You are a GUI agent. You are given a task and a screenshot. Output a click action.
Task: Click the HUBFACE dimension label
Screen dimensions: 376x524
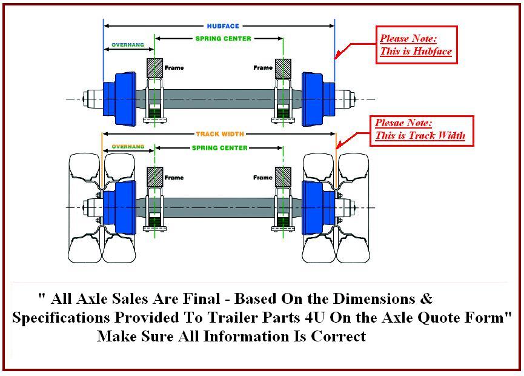223,26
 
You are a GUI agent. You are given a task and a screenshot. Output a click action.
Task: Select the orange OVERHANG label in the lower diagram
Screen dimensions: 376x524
128,147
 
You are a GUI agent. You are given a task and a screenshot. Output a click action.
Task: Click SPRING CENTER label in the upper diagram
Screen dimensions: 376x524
223,39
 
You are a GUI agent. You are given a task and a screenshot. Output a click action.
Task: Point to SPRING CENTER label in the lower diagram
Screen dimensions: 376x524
219,148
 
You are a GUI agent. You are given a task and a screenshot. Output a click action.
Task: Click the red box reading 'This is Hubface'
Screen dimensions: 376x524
416,45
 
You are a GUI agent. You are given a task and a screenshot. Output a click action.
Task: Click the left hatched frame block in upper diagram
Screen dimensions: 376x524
155,68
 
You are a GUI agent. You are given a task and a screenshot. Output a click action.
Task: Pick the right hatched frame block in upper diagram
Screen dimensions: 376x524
283,68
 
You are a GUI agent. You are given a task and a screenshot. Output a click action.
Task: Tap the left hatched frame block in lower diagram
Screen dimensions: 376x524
155,177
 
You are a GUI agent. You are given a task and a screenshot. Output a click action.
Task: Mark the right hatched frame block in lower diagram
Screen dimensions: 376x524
283,177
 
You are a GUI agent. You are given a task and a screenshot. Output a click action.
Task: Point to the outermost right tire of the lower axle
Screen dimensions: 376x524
353,208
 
